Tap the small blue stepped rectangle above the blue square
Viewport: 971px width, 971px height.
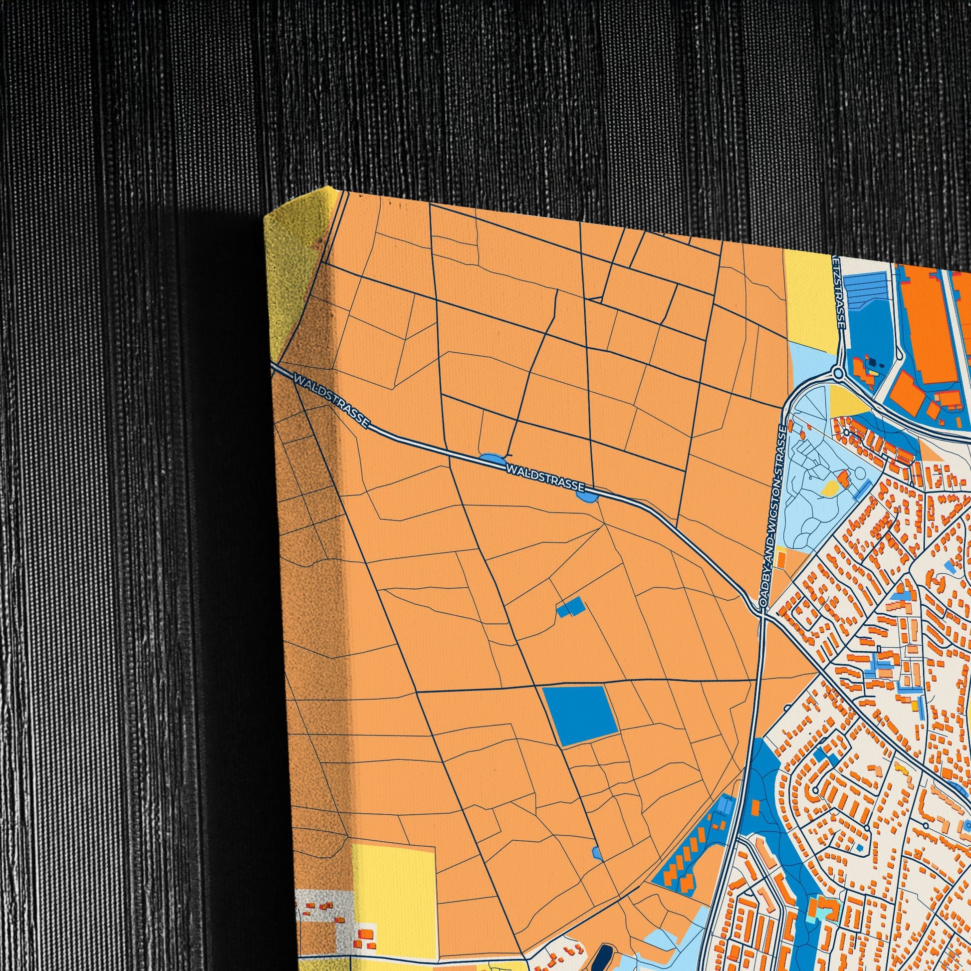click(571, 608)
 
